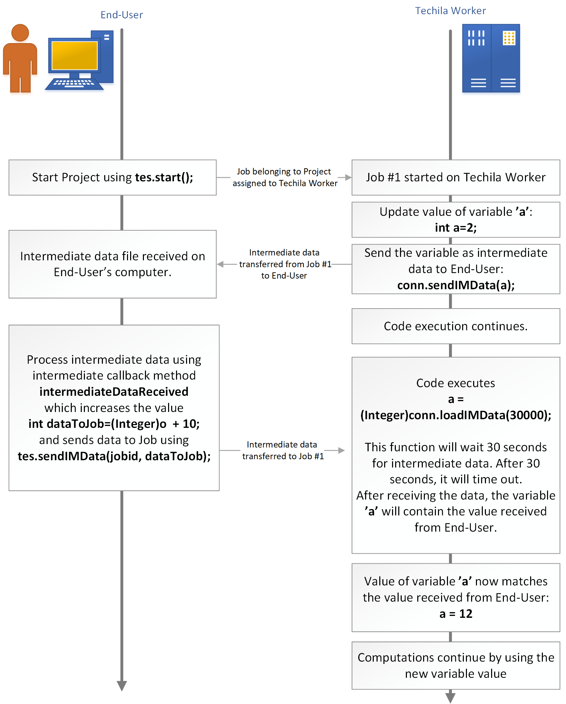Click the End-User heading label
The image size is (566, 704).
pos(121,15)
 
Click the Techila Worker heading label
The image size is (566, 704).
pos(450,11)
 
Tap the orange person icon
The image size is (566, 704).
pos(20,59)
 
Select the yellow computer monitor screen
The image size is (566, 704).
pos(75,55)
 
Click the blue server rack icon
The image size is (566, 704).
pos(491,58)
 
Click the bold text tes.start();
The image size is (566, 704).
pos(164,177)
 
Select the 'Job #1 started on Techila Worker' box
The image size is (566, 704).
pos(456,177)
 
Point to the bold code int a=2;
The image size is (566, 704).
pos(456,228)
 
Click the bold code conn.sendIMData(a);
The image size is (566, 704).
pos(456,285)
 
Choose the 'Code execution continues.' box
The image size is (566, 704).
pos(456,326)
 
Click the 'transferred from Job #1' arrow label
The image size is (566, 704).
pos(285,264)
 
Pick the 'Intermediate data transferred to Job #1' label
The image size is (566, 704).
pos(283,450)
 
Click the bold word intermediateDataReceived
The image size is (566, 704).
pos(114,392)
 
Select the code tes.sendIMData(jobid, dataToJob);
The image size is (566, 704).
pos(114,456)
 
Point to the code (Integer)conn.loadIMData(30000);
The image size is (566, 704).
pos(456,415)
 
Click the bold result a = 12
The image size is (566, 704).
pos(456,614)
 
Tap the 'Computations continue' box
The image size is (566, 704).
pos(456,665)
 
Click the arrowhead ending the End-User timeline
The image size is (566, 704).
pos(122,685)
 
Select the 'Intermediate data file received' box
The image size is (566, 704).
pos(113,264)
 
